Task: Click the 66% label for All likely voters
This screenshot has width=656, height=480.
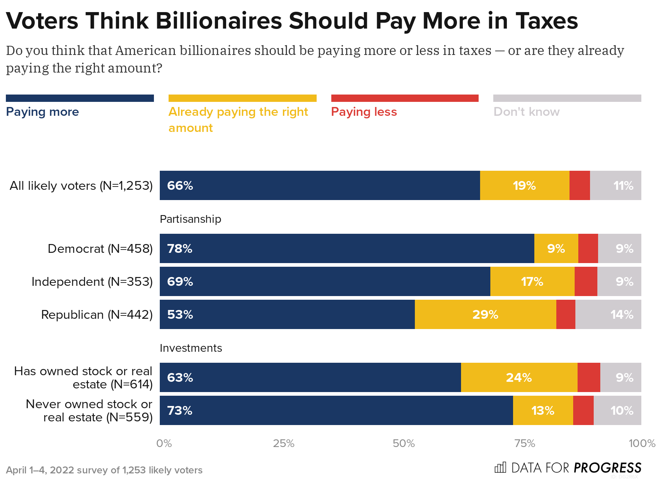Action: click(x=180, y=185)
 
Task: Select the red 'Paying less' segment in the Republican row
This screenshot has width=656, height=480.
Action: click(x=565, y=314)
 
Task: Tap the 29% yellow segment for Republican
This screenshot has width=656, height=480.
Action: click(x=485, y=314)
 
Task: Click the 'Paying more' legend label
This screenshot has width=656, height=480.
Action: click(x=43, y=112)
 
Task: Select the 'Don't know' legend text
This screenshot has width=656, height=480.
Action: click(x=526, y=112)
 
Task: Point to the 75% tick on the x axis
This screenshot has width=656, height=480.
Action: click(x=525, y=443)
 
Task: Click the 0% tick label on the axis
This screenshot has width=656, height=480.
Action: click(x=164, y=443)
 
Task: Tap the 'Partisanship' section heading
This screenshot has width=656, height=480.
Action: click(x=191, y=219)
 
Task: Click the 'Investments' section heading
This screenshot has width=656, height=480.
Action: click(x=191, y=348)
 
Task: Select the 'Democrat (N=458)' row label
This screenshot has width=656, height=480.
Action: click(x=100, y=249)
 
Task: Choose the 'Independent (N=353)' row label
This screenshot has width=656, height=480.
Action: click(x=92, y=282)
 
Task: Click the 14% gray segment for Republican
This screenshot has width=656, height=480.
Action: click(x=608, y=314)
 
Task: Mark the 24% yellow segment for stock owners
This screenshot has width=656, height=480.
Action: click(x=519, y=377)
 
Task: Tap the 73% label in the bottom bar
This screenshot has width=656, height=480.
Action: click(x=180, y=410)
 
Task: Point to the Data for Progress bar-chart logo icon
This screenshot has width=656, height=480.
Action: click(x=500, y=468)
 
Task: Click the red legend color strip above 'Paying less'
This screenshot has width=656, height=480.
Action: click(x=405, y=98)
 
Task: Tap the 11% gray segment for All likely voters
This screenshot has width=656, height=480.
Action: click(x=616, y=185)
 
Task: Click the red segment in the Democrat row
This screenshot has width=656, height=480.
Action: click(x=588, y=248)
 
